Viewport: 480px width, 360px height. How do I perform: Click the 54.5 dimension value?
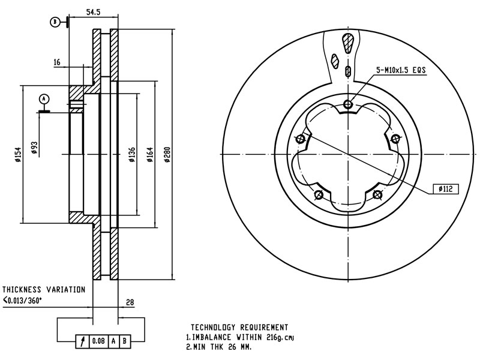[92, 12]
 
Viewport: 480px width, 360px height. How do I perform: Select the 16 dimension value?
[57, 62]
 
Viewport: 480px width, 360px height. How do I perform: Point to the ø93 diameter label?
[34, 148]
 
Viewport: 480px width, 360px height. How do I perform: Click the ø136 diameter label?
[131, 154]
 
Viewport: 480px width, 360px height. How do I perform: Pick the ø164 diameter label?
[150, 154]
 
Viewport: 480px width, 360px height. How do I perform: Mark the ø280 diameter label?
[167, 154]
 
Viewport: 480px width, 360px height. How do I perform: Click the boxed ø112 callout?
[445, 189]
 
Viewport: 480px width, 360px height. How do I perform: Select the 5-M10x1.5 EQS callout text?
[401, 70]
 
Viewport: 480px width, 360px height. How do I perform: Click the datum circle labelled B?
[55, 22]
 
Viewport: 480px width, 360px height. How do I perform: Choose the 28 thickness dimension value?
[130, 302]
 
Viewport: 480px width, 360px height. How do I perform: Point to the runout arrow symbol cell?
[82, 342]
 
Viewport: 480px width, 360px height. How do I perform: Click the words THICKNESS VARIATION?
[44, 289]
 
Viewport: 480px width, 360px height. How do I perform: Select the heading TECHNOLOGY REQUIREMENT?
[239, 328]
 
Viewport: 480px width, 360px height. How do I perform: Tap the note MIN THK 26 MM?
[218, 347]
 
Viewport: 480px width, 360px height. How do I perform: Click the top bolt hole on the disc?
[348, 104]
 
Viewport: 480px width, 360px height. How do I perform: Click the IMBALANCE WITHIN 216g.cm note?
[240, 337]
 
